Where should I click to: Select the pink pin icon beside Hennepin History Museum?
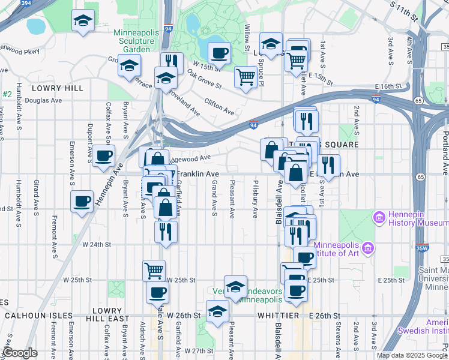click(x=379, y=217)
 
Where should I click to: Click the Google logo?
click(x=20, y=353)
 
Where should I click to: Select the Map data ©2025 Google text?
click(x=411, y=355)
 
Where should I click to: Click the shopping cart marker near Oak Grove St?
click(x=246, y=77)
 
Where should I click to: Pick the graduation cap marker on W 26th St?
click(x=217, y=311)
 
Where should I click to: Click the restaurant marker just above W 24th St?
click(x=166, y=231)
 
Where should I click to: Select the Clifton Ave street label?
click(x=219, y=107)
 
